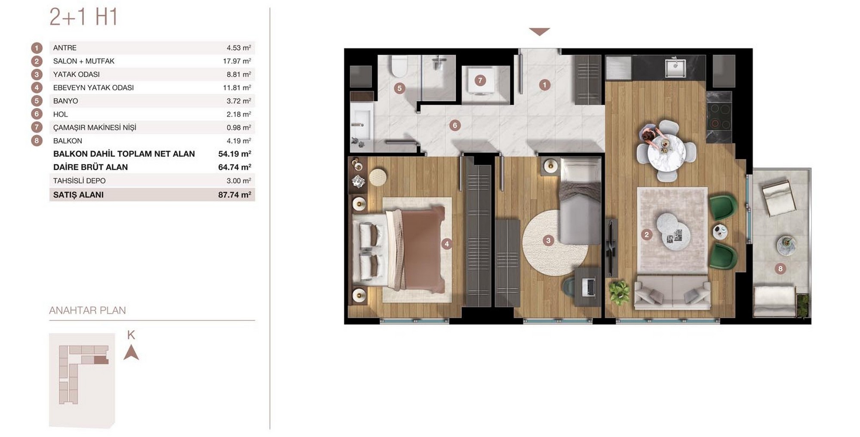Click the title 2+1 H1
click(x=83, y=17)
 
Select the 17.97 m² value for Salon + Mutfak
click(x=237, y=61)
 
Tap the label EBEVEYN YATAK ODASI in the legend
click(x=93, y=88)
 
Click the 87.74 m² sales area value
click(x=235, y=195)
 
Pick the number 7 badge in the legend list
click(x=37, y=127)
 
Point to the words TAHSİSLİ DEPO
click(x=79, y=181)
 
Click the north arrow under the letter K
click(x=131, y=353)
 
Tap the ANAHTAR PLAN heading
click(x=87, y=310)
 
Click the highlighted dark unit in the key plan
click(x=101, y=360)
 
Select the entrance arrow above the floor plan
click(x=539, y=31)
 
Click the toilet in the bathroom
click(x=399, y=66)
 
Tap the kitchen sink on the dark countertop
click(x=676, y=68)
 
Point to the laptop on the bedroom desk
click(x=589, y=287)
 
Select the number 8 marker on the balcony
click(x=780, y=269)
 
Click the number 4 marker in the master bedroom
click(x=447, y=244)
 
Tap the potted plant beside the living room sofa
click(x=619, y=292)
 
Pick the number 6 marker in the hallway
click(x=455, y=126)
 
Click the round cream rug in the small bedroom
click(x=555, y=242)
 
